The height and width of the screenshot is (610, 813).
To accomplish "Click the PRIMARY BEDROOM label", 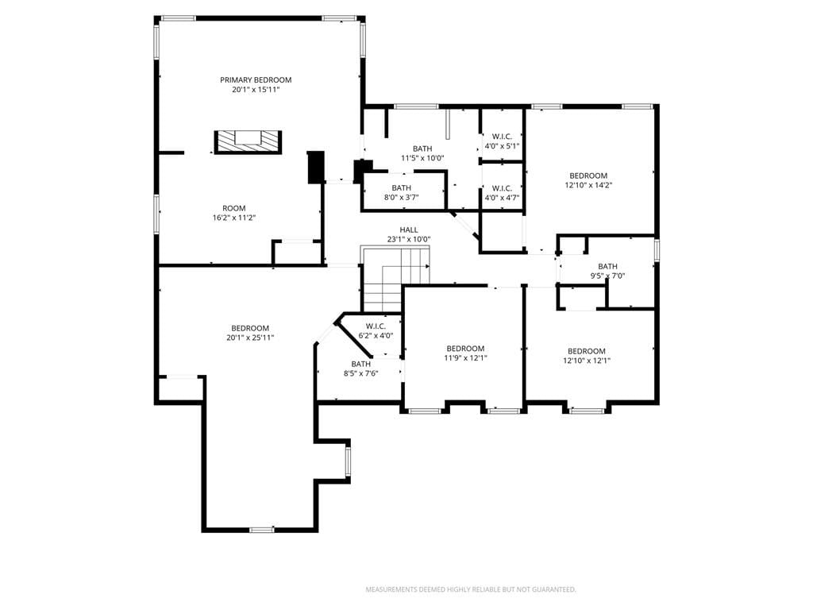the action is point(256,80).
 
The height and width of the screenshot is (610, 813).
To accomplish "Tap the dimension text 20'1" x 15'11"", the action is point(256,90).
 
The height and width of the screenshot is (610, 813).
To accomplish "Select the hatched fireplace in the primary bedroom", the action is point(248,142).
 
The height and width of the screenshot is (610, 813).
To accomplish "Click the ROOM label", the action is point(234,209).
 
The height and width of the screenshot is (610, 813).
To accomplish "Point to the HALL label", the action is point(409,230).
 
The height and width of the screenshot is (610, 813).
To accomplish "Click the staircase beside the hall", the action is point(395,279).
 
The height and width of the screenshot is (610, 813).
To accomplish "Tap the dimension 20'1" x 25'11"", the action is point(250,338).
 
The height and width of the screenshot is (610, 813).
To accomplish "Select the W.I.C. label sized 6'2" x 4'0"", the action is point(376,326).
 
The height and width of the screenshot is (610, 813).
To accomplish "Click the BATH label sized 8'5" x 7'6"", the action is point(361,364).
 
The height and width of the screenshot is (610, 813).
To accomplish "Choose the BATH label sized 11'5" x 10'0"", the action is point(422,149).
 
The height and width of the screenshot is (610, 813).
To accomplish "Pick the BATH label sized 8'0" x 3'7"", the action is point(401,187).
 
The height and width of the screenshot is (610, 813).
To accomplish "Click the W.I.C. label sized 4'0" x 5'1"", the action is point(502,137).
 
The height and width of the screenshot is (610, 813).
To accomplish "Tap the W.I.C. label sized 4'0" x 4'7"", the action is point(502,188).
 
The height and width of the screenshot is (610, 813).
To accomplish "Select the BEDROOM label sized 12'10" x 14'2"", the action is point(588,176).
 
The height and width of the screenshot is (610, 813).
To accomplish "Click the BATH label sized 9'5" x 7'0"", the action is point(607,267).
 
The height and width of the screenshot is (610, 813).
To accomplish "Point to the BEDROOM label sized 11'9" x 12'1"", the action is point(465,349).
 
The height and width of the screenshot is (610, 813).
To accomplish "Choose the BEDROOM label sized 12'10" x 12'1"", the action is point(587,351).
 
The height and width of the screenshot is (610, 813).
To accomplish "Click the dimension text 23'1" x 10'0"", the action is point(409,239).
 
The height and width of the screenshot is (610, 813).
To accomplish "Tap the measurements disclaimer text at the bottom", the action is point(471,589).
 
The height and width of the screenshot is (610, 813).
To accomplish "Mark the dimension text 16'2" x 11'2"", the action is point(234,218).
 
